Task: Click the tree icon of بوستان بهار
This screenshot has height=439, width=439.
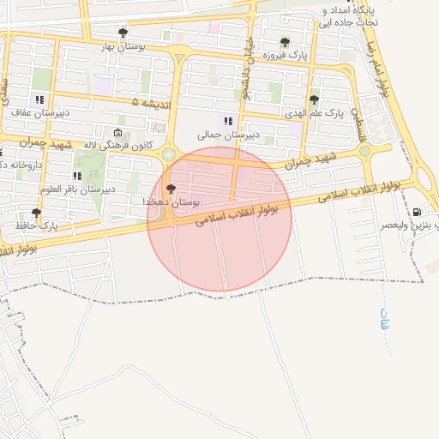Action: coord(123,33)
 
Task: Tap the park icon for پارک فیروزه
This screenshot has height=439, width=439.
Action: coord(285,42)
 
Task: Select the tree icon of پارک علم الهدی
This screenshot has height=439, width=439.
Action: coord(314,99)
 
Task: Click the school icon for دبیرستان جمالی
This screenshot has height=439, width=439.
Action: coord(228,121)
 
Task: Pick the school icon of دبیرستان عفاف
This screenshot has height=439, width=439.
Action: coord(39,99)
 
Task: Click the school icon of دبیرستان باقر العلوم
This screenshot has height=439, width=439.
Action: coord(77,176)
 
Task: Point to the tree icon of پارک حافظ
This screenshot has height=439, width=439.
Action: coord(36,213)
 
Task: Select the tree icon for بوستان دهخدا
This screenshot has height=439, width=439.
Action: coord(171,189)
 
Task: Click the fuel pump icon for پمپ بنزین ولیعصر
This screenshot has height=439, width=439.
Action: coord(417,211)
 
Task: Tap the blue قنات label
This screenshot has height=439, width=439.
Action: coord(385,322)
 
